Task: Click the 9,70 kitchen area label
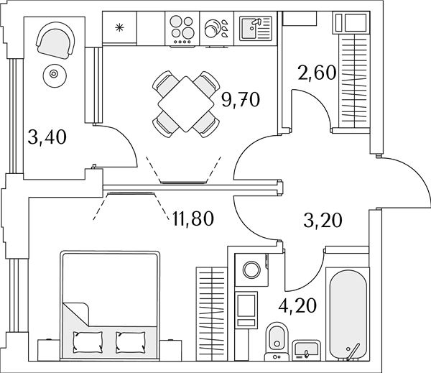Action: (x=241, y=100)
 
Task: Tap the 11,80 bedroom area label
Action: (x=193, y=219)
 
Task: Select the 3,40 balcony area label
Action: (x=47, y=137)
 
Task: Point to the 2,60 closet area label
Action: (x=317, y=73)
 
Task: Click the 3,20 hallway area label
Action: (x=323, y=221)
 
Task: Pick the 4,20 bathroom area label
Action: (x=297, y=305)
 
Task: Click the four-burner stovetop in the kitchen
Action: (x=182, y=29)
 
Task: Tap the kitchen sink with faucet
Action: (x=256, y=28)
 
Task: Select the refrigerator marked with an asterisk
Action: (x=119, y=27)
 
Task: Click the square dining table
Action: (x=186, y=104)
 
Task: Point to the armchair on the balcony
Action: (x=55, y=40)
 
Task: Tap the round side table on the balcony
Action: (x=54, y=74)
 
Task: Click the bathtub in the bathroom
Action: (x=348, y=314)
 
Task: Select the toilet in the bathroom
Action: (x=277, y=342)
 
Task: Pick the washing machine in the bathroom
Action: (x=252, y=270)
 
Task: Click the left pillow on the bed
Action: (x=88, y=342)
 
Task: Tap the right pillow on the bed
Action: (x=131, y=343)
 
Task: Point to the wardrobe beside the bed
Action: (x=212, y=314)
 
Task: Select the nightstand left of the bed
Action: (x=49, y=350)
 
